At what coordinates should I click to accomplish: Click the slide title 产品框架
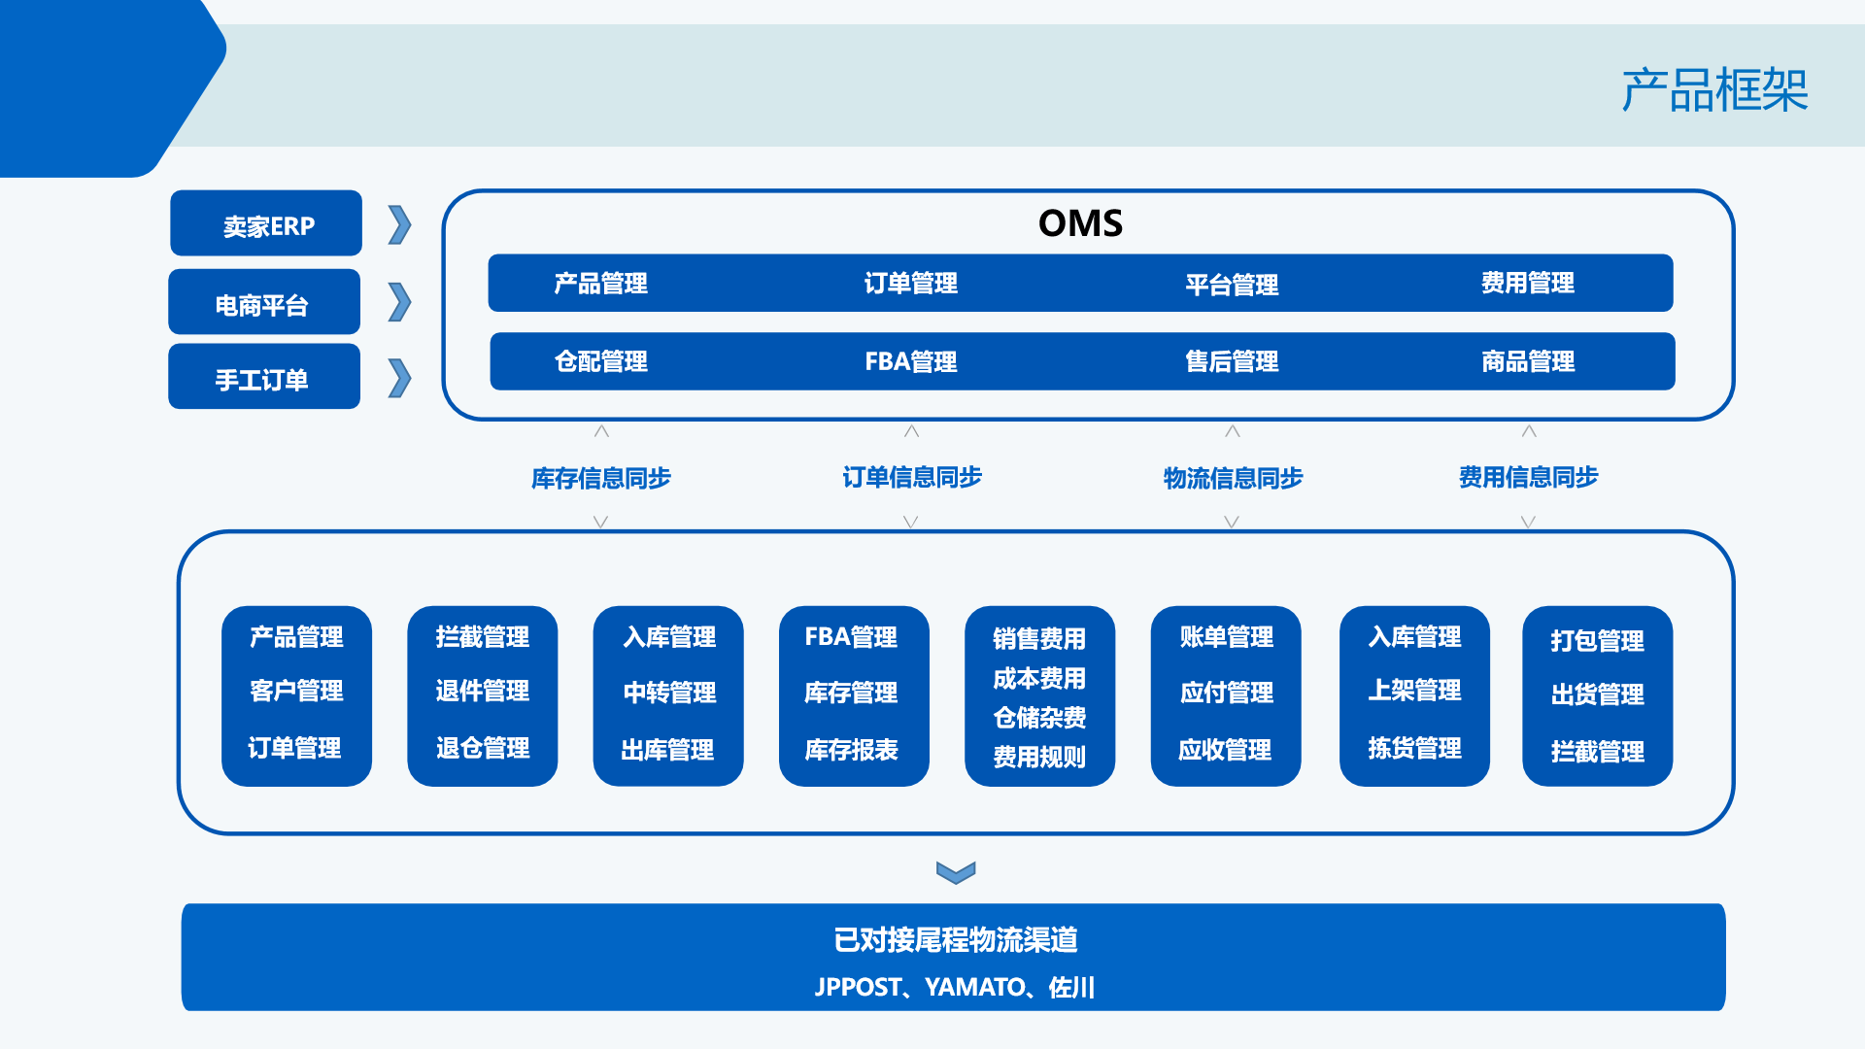pyautogui.click(x=1713, y=90)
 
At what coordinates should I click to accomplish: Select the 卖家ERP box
pyautogui.click(x=266, y=224)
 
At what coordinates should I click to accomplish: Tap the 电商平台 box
pyautogui.click(x=263, y=304)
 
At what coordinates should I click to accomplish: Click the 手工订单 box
pyautogui.click(x=263, y=379)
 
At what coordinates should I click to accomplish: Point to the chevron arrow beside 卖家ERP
pyautogui.click(x=399, y=225)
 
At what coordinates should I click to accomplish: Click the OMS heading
pyautogui.click(x=1080, y=223)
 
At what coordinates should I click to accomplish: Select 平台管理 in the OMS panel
pyautogui.click(x=1231, y=285)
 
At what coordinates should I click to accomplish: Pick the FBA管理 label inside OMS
pyautogui.click(x=910, y=362)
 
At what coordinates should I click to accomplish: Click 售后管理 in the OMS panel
pyautogui.click(x=1231, y=362)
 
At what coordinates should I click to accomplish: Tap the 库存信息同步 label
pyautogui.click(x=600, y=478)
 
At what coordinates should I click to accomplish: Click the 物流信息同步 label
pyautogui.click(x=1232, y=478)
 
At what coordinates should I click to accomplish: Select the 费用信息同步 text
pyautogui.click(x=1527, y=477)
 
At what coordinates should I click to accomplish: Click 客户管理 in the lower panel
pyautogui.click(x=296, y=691)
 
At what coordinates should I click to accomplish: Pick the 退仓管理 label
pyautogui.click(x=483, y=748)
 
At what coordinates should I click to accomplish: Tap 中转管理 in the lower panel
pyautogui.click(x=669, y=693)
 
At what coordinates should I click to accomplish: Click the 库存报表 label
pyautogui.click(x=851, y=750)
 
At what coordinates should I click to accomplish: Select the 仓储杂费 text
pyautogui.click(x=1039, y=718)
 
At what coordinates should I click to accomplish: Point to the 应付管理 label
pyautogui.click(x=1226, y=693)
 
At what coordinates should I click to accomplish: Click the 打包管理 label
pyautogui.click(x=1597, y=641)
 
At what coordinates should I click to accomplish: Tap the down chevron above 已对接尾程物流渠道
pyautogui.click(x=956, y=872)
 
